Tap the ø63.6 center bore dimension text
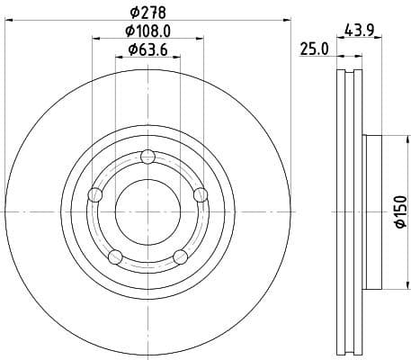click(x=148, y=49)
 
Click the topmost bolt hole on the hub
click(x=148, y=158)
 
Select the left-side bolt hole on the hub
click(x=95, y=195)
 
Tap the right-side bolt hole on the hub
click(x=201, y=195)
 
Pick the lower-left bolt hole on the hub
click(x=115, y=257)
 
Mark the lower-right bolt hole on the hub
click(x=181, y=257)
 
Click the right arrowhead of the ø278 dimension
click(x=289, y=20)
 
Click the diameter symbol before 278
click(x=134, y=13)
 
